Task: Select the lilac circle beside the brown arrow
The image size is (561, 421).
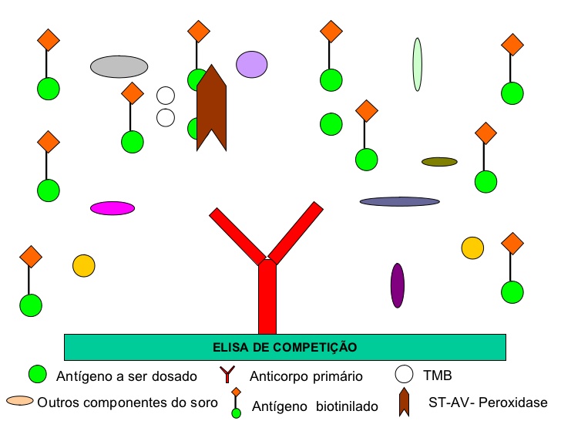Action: (251, 65)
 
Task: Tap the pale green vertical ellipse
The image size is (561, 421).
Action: (417, 65)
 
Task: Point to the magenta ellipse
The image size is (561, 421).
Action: (113, 207)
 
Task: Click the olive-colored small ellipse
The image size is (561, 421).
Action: (439, 162)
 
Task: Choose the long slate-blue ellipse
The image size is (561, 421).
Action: (399, 201)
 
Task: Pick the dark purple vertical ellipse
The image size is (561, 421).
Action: (398, 285)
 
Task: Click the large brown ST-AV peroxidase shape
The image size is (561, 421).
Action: (210, 108)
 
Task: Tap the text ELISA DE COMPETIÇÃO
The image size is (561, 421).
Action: (284, 347)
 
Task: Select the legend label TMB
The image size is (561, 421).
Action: (437, 376)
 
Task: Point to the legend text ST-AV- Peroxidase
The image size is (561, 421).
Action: (487, 402)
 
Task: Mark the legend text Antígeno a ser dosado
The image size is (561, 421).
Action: (126, 376)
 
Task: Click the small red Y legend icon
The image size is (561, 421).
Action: (229, 376)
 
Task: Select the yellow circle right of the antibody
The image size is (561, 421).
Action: (472, 248)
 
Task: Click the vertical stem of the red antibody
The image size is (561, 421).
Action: (267, 301)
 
